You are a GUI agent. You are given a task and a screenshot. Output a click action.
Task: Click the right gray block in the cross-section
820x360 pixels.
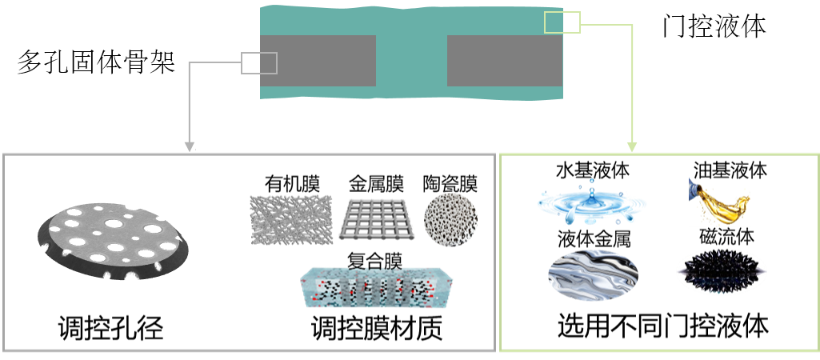point(504,61)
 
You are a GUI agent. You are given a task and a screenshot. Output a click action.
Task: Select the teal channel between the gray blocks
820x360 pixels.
point(411,61)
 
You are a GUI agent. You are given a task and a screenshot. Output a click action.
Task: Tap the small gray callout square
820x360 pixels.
point(259,63)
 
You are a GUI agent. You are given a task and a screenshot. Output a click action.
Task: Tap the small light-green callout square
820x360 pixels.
point(562,22)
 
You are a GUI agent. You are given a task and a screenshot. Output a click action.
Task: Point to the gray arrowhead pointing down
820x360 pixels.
point(190,147)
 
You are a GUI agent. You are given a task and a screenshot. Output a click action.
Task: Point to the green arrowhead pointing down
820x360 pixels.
point(631,147)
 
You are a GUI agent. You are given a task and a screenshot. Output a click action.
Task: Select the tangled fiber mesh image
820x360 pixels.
point(291,218)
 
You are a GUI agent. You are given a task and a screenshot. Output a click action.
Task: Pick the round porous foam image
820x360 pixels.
point(450,218)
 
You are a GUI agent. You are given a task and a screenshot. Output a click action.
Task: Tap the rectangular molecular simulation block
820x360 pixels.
point(376,287)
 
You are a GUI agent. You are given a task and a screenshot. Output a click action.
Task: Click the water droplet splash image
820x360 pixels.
point(591,203)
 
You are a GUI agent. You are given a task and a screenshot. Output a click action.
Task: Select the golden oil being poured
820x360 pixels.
point(719,202)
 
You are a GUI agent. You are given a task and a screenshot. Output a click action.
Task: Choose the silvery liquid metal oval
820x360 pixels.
point(593,274)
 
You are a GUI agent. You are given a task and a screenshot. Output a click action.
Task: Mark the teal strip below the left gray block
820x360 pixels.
point(320,92)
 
